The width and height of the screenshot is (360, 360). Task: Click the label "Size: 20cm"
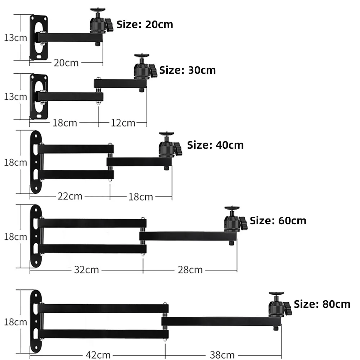click(145, 24)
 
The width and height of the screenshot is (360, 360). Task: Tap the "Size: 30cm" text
click(187, 70)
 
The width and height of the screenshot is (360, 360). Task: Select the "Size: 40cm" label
click(215, 145)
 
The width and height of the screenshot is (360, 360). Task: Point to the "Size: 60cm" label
click(278, 221)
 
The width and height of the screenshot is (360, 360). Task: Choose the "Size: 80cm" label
click(322, 304)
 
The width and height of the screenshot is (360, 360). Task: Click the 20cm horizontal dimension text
click(66, 63)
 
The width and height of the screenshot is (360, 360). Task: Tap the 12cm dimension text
click(123, 123)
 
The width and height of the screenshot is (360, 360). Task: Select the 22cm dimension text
click(70, 196)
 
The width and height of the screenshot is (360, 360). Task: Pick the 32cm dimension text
click(86, 270)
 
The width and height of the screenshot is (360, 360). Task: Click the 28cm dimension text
click(190, 270)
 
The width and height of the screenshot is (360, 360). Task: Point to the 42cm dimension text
click(98, 355)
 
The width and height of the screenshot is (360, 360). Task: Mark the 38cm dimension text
click(222, 355)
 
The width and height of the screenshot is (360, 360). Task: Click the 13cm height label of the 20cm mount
click(15, 38)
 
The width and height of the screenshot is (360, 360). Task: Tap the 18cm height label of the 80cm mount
click(15, 322)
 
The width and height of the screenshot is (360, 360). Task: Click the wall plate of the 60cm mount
click(36, 236)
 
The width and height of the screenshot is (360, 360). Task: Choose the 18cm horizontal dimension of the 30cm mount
click(65, 123)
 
